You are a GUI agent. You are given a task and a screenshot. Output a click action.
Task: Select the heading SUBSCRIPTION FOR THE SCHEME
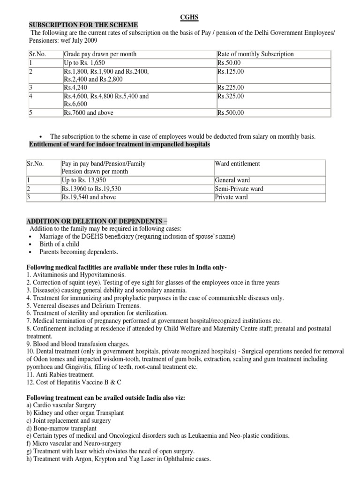(83, 25)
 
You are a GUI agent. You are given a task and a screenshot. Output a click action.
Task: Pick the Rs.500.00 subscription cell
(230, 112)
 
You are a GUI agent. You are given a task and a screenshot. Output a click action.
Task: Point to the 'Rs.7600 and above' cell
(89, 112)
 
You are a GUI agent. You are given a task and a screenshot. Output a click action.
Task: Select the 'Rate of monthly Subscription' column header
(255, 54)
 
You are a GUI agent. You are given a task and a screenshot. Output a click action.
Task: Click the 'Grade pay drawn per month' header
(100, 54)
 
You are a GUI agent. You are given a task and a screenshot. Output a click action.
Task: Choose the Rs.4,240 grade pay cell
(76, 88)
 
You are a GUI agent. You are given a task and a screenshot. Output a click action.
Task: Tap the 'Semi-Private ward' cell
(239, 188)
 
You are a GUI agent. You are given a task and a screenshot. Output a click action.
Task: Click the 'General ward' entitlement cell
(232, 180)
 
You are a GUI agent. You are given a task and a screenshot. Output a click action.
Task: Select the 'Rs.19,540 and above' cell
(89, 197)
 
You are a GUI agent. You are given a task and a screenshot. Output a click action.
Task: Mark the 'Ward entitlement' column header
(238, 164)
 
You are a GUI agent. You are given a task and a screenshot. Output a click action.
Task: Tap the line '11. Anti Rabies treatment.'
(62, 375)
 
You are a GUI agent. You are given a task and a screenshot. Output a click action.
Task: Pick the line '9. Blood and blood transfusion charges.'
(78, 344)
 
